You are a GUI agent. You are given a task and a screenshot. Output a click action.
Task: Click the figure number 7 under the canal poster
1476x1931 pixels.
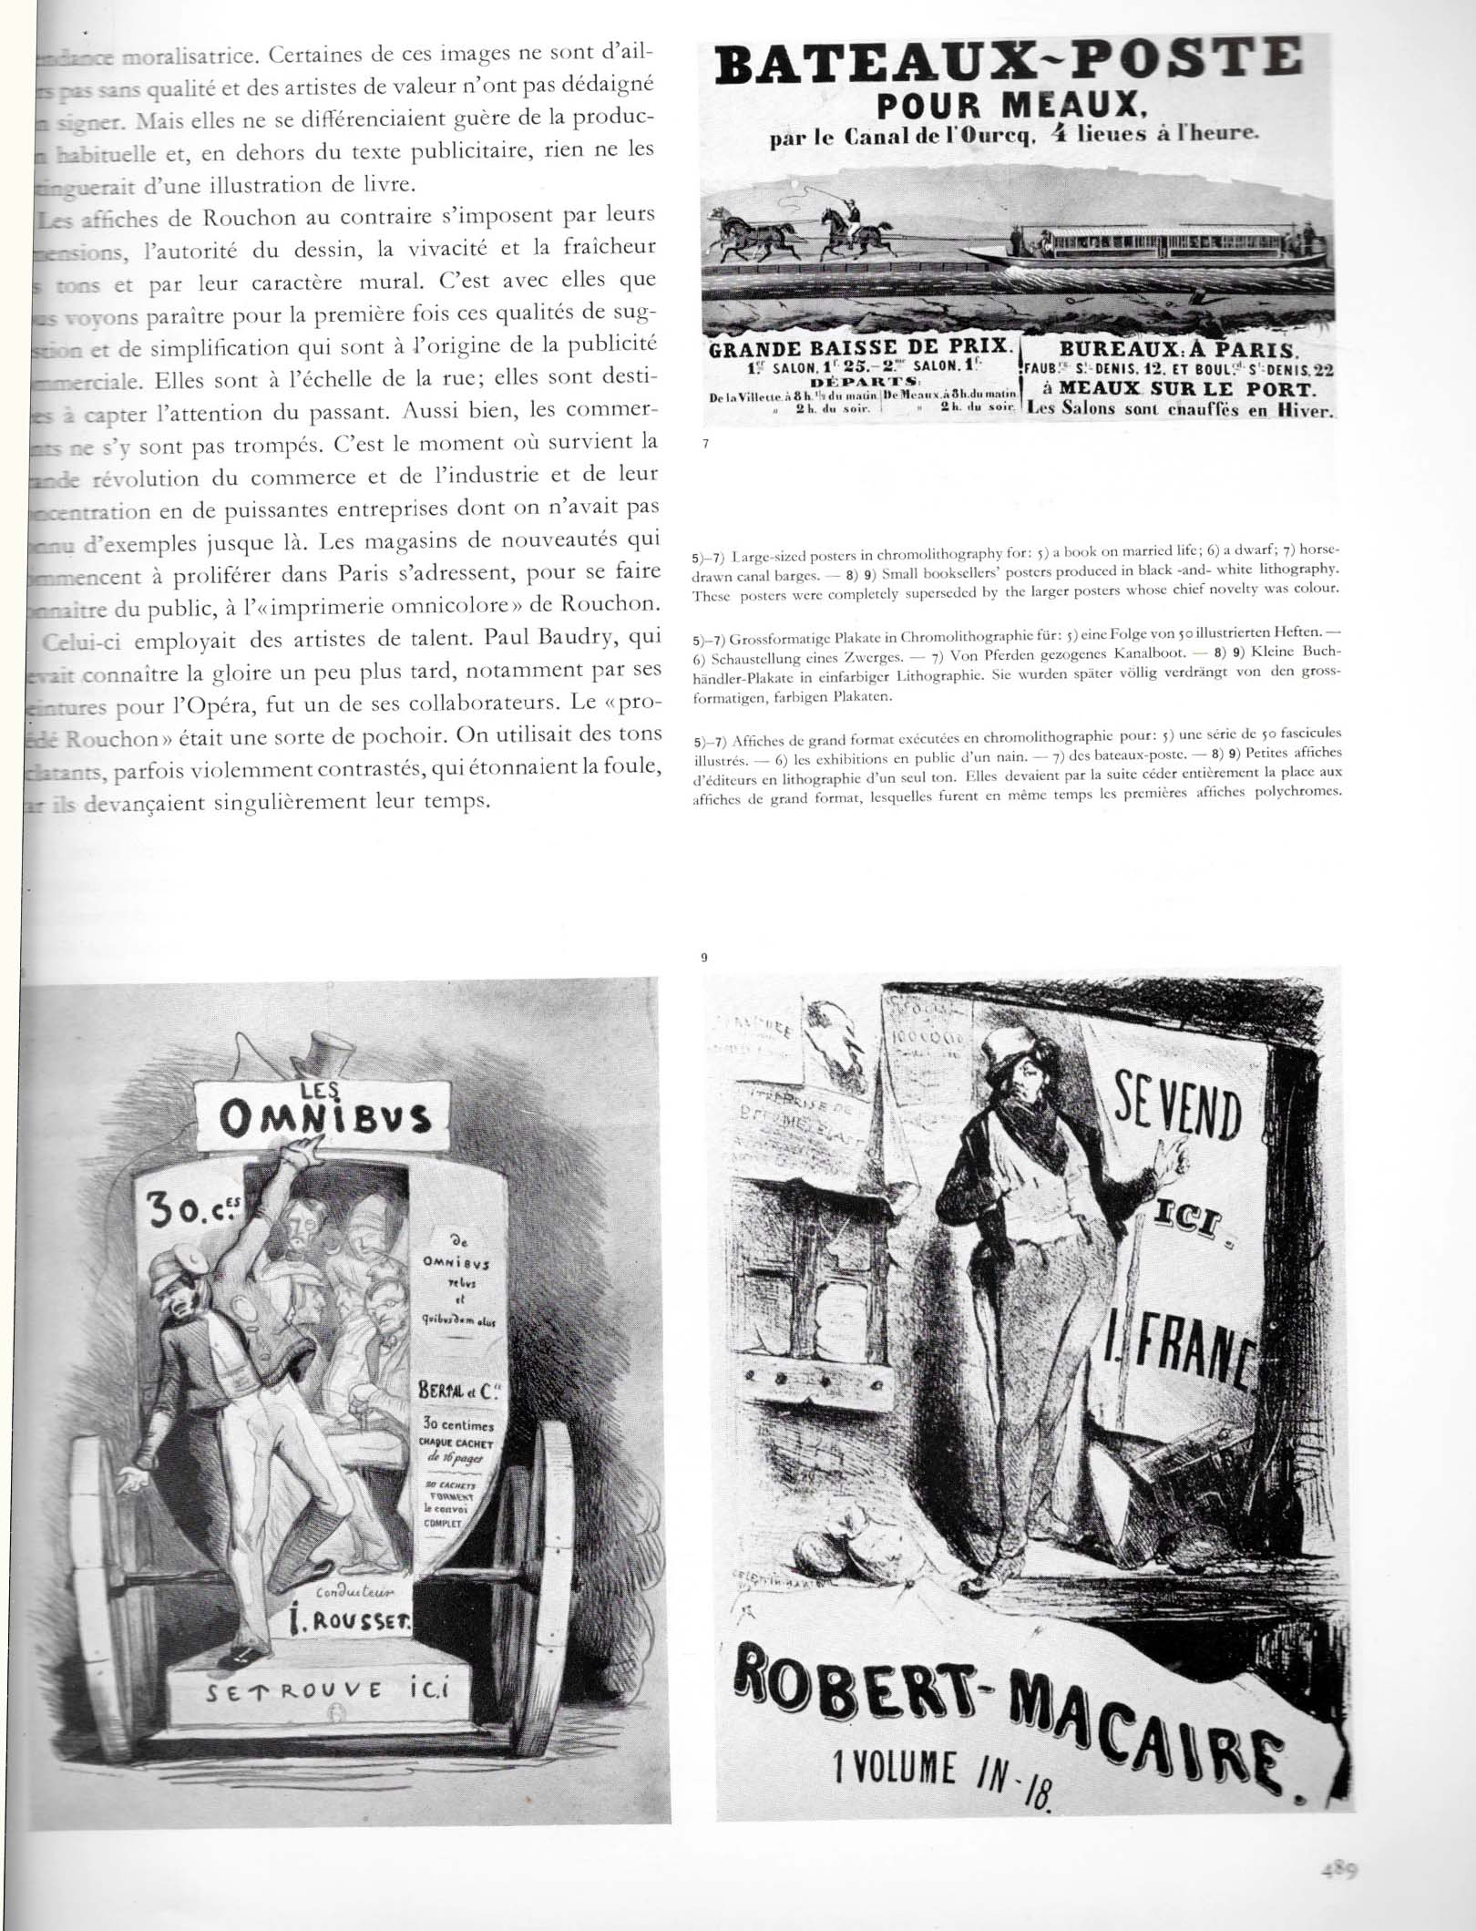pyautogui.click(x=705, y=444)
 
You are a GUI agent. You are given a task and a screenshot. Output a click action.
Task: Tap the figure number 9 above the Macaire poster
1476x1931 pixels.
pyautogui.click(x=704, y=958)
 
